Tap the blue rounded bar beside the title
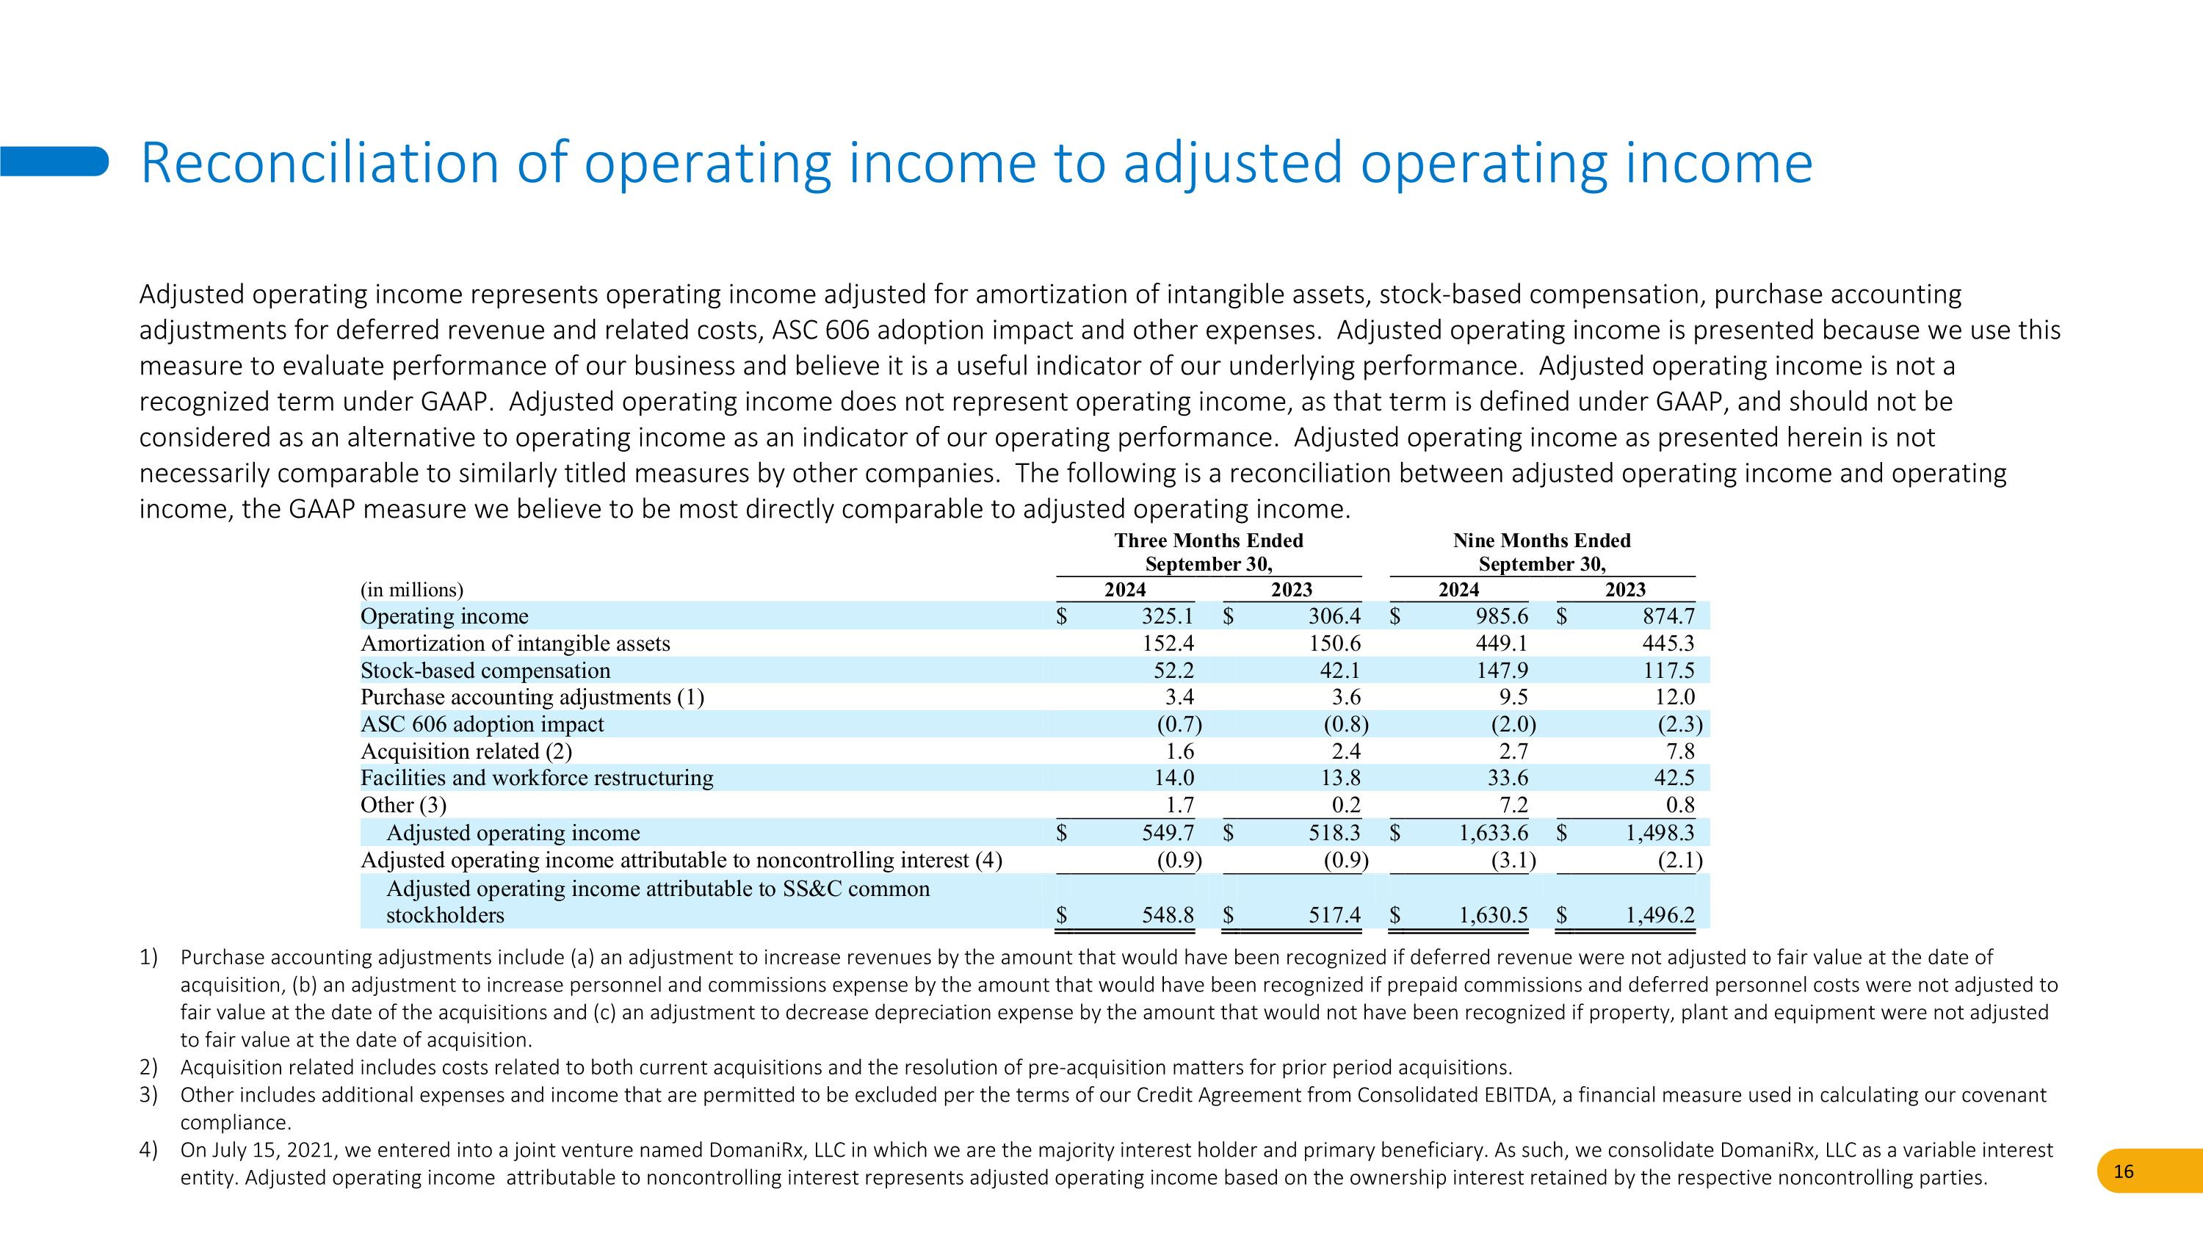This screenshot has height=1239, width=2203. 54,162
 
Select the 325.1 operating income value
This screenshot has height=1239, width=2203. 1168,616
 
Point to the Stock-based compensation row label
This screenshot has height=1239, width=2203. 485,671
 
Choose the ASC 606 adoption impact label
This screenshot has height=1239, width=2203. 482,724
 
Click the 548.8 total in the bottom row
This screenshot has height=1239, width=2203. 1168,915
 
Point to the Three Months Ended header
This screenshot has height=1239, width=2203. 1209,541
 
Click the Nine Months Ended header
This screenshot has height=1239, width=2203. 1542,541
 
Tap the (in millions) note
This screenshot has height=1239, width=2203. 412,590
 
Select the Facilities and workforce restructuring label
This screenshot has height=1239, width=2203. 537,778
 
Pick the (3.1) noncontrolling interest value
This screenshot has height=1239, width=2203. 1513,859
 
